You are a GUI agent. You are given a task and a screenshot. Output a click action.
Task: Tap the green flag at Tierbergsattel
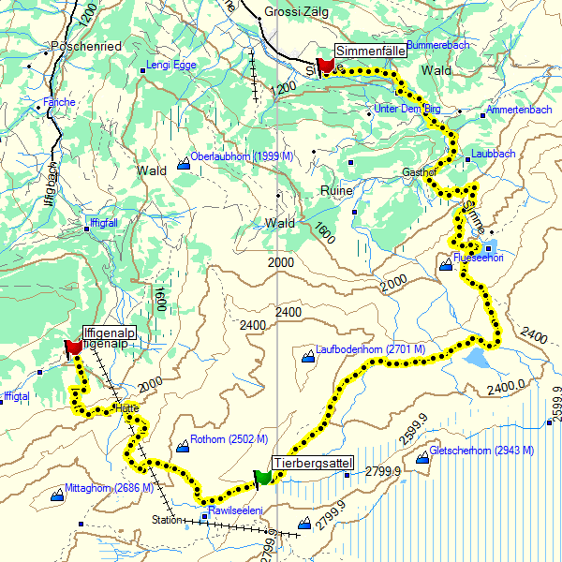(262, 478)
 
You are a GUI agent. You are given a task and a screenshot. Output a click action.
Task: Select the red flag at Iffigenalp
(72, 348)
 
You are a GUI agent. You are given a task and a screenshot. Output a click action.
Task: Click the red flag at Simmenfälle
(326, 65)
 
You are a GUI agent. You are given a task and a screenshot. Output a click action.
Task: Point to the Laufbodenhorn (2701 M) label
(371, 349)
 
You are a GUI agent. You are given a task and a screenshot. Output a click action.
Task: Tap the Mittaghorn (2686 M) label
(109, 488)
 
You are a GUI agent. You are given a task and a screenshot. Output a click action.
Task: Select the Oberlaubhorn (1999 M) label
(242, 156)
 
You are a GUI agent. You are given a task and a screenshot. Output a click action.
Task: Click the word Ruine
(336, 190)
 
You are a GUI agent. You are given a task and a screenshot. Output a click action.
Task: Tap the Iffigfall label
(103, 222)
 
